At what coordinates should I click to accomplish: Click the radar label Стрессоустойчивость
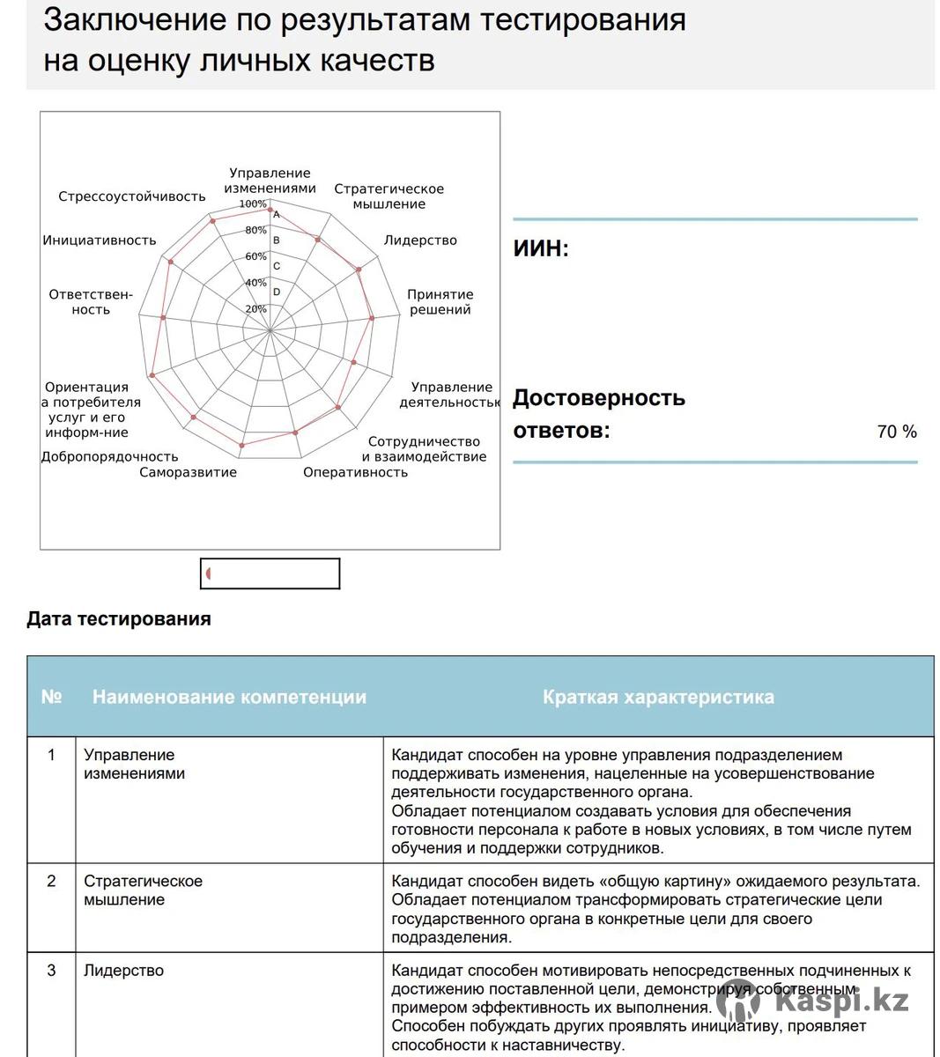point(132,196)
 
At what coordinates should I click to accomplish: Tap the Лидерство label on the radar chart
point(420,240)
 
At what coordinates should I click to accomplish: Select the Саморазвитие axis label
point(188,472)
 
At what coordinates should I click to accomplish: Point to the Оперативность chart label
point(355,472)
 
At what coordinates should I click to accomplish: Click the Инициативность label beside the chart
point(100,240)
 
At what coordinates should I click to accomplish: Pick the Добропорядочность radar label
point(109,456)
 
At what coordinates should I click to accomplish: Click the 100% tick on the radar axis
point(253,204)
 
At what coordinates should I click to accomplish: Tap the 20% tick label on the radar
point(255,309)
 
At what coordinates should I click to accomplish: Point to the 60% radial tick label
point(255,256)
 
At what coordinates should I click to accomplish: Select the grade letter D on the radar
point(277,292)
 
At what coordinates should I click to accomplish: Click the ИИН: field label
point(541,248)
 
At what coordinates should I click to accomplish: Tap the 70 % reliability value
point(897,432)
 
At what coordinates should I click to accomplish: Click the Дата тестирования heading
point(119,618)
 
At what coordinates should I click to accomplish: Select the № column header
point(51,697)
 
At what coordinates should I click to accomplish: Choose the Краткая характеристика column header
point(658,697)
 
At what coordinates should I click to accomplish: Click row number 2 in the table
point(51,881)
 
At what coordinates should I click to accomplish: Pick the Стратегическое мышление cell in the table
point(143,890)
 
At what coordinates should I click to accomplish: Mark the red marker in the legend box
point(209,573)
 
